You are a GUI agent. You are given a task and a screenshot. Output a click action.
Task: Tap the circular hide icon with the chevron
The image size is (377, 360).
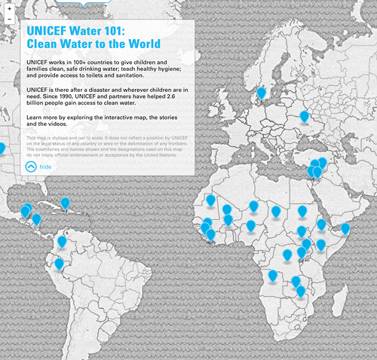pyautogui.click(x=31, y=167)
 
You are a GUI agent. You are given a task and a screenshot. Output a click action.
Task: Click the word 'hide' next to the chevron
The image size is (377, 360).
pyautogui.click(x=46, y=167)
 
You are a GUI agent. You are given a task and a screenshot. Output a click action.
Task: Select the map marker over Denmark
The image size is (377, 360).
pyautogui.click(x=261, y=93)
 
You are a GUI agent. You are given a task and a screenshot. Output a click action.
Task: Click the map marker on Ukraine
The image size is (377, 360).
pyautogui.click(x=305, y=116)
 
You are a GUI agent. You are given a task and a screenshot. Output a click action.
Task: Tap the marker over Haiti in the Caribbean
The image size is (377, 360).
pyautogui.click(x=66, y=203)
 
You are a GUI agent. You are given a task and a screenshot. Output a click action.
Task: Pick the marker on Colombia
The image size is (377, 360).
pyautogui.click(x=62, y=242)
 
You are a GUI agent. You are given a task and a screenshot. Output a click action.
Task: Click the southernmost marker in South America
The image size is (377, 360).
pyautogui.click(x=59, y=264)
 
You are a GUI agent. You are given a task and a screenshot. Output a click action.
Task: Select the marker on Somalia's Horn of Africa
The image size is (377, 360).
pyautogui.click(x=345, y=227)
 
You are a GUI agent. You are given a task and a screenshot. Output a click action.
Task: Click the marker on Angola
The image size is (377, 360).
pyautogui.click(x=272, y=276)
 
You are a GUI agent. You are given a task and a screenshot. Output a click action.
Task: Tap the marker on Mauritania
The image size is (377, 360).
pyautogui.click(x=211, y=200)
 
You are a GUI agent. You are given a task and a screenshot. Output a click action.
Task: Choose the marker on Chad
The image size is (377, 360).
pyautogui.click(x=276, y=212)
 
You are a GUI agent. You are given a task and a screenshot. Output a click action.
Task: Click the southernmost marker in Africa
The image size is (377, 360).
pyautogui.click(x=299, y=291)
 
